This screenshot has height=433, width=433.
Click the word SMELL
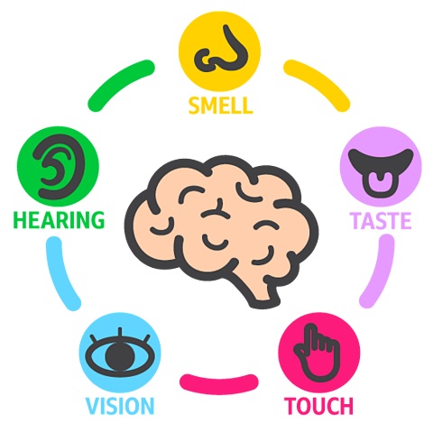[x=220, y=106]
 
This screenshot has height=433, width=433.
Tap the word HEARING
[x=59, y=220]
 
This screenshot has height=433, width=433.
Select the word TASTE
[x=381, y=220]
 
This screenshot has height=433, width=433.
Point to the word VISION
[x=120, y=406]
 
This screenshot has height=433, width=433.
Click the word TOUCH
[x=318, y=406]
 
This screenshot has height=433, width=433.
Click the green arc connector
[x=119, y=82]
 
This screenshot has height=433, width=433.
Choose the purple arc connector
[x=380, y=272]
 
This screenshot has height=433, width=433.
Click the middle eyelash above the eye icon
[x=120, y=333]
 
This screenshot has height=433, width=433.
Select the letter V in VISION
[x=93, y=406]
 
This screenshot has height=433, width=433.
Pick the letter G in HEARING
[x=97, y=220]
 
